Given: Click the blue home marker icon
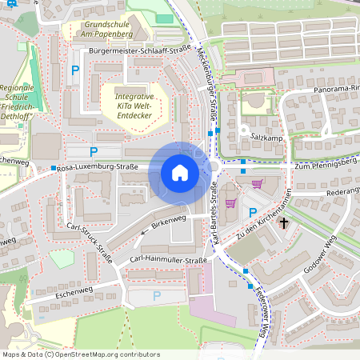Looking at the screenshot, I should [x=179, y=173].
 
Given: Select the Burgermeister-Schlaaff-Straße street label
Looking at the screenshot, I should [x=140, y=49].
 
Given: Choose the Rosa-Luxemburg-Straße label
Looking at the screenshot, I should [x=98, y=167].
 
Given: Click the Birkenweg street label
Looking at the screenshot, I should [x=168, y=221].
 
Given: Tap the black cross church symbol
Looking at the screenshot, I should [x=283, y=225].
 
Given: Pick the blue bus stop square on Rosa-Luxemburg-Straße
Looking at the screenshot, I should [x=54, y=168].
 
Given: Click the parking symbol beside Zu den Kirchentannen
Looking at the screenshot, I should [x=253, y=212].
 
